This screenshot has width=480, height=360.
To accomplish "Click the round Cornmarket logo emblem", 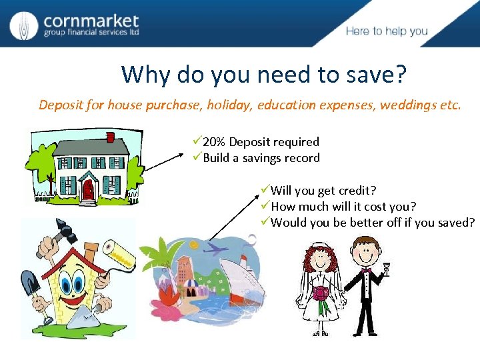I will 23,25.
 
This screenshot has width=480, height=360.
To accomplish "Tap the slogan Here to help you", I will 387,31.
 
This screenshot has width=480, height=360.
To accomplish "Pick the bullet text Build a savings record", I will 261,158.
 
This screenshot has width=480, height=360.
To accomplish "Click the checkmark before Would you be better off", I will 265,222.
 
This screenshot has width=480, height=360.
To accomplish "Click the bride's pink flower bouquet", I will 321,293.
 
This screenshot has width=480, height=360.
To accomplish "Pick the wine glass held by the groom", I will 385,268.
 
